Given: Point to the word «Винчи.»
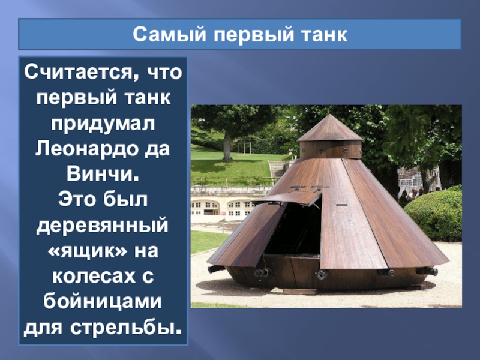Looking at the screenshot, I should tap(103, 172).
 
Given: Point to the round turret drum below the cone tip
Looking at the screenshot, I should tap(330, 148).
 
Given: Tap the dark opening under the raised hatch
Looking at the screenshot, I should tap(294, 228).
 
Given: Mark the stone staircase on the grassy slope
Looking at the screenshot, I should tap(278, 168).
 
